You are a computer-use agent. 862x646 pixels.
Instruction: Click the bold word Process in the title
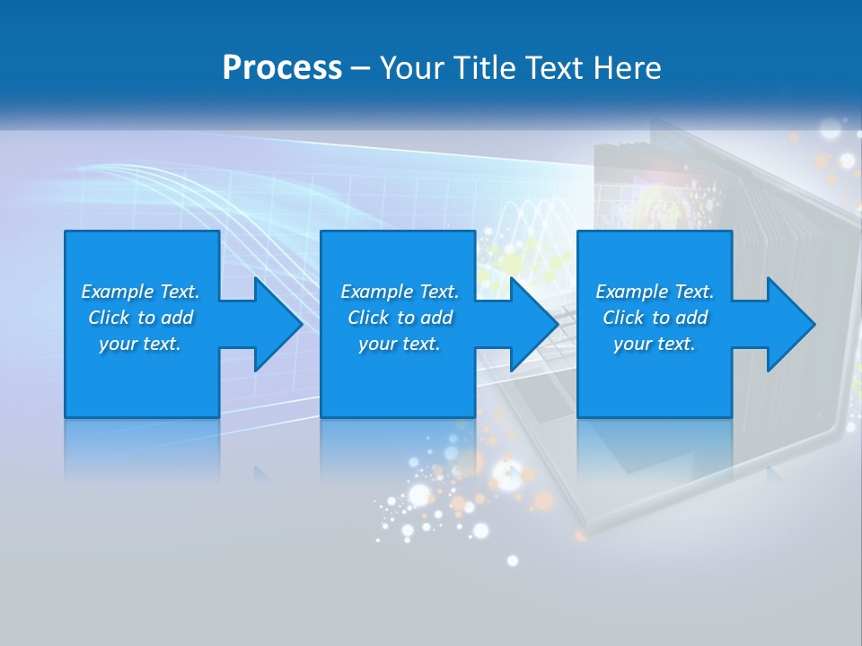pos(282,68)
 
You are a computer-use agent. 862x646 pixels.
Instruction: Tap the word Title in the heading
pos(486,68)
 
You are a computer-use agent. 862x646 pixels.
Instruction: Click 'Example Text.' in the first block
pos(140,292)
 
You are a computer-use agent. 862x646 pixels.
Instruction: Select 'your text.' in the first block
pos(140,344)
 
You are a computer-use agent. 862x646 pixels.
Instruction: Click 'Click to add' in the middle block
pos(400,318)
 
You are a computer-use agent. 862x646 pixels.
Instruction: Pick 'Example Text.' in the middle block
pos(400,292)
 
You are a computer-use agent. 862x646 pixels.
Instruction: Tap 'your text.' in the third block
pos(655,344)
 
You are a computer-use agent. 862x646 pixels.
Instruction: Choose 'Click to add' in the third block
pos(655,318)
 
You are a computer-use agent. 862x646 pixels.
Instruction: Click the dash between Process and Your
pos(360,68)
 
